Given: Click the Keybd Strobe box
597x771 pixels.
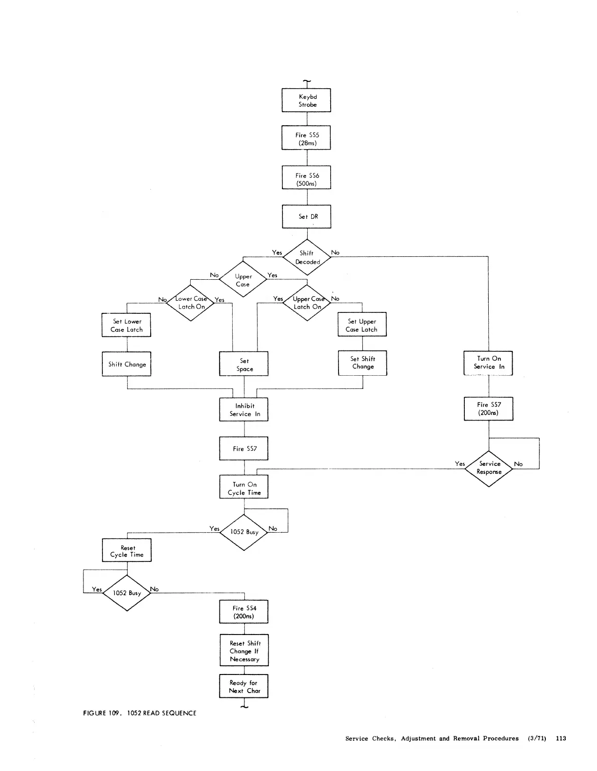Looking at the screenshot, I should pos(306,100).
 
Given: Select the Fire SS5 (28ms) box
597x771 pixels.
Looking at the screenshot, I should pos(306,138).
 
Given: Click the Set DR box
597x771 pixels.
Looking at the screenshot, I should pos(306,216).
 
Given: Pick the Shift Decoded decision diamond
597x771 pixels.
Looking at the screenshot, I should pos(307,257).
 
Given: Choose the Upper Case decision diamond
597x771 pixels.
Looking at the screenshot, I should pos(243,280).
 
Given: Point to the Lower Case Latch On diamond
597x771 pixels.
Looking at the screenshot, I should pos(191,303).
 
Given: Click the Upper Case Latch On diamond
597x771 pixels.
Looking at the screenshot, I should pos(307,303).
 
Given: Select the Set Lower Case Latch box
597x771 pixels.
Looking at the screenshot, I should pos(126,325).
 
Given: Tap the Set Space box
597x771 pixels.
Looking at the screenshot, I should pos(244,364).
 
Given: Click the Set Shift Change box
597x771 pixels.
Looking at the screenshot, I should pos(362,363).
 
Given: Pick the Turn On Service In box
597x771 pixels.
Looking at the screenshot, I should pos(488,363).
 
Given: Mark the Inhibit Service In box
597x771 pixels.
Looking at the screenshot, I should pos(244,409).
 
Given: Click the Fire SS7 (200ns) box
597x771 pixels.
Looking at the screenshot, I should pos(488,408).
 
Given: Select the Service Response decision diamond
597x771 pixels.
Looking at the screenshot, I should pos(489,468).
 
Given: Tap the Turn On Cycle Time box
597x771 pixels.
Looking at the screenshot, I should pos(244,488).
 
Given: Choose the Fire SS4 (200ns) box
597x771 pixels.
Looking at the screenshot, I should pos(244,612).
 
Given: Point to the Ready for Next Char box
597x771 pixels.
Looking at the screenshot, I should pos(244,686).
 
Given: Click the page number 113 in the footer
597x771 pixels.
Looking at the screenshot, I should pos(560,738).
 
